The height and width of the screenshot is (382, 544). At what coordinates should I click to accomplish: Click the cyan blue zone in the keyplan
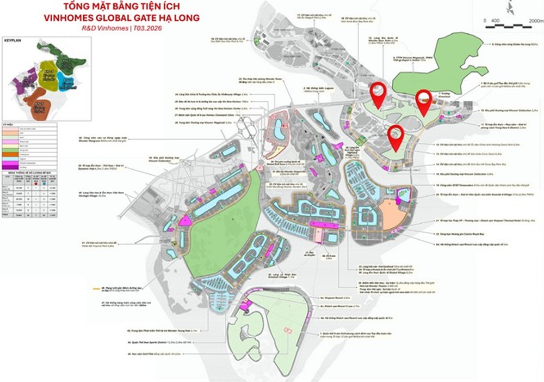(x=67, y=83)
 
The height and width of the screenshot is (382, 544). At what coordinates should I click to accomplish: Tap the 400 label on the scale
(x=495, y=21)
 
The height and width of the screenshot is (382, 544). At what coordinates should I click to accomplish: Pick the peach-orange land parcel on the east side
(x=392, y=213)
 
